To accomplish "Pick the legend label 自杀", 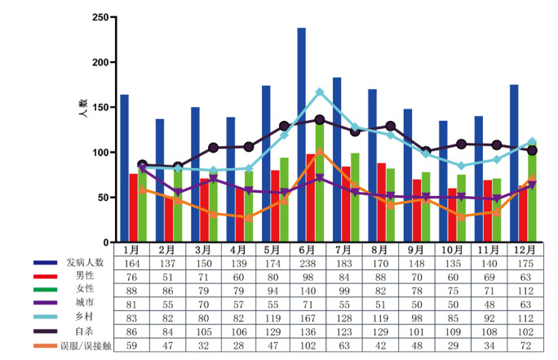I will pyautogui.click(x=82, y=331).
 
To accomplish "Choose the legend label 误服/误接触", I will pyautogui.click(x=82, y=345).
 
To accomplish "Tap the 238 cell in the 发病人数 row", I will pyautogui.click(x=307, y=263).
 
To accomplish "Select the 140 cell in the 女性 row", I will pyautogui.click(x=307, y=291).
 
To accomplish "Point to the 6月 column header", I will pyautogui.click(x=307, y=249).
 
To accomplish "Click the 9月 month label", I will pyautogui.click(x=414, y=249).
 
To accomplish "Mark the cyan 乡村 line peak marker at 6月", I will pyautogui.click(x=319, y=92).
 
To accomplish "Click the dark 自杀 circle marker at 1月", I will pyautogui.click(x=143, y=165).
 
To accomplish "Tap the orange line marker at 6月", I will pyautogui.click(x=319, y=151).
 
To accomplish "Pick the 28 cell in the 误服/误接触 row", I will pyautogui.click(x=236, y=345).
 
